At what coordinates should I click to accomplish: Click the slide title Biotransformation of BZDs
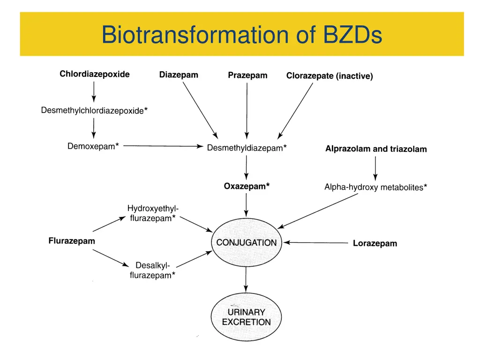[241, 35]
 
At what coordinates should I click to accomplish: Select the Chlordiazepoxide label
[95, 74]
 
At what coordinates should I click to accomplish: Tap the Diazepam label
[179, 75]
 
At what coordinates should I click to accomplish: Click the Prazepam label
[247, 75]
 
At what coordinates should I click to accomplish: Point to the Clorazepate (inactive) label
[330, 76]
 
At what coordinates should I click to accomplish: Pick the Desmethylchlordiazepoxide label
[95, 111]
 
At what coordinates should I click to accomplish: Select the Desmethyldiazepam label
[247, 148]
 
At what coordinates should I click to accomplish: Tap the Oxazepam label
[247, 186]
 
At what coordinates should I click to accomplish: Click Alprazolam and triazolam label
[376, 149]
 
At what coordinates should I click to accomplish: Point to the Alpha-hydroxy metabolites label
[375, 187]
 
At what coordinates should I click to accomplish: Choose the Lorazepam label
[375, 243]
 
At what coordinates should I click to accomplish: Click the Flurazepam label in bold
[72, 241]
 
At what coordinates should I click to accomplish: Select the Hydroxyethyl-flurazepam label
[153, 213]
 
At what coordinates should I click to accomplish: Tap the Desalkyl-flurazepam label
[153, 270]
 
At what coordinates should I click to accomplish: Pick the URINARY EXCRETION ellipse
[247, 317]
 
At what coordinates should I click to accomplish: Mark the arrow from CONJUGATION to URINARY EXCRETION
[246, 282]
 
